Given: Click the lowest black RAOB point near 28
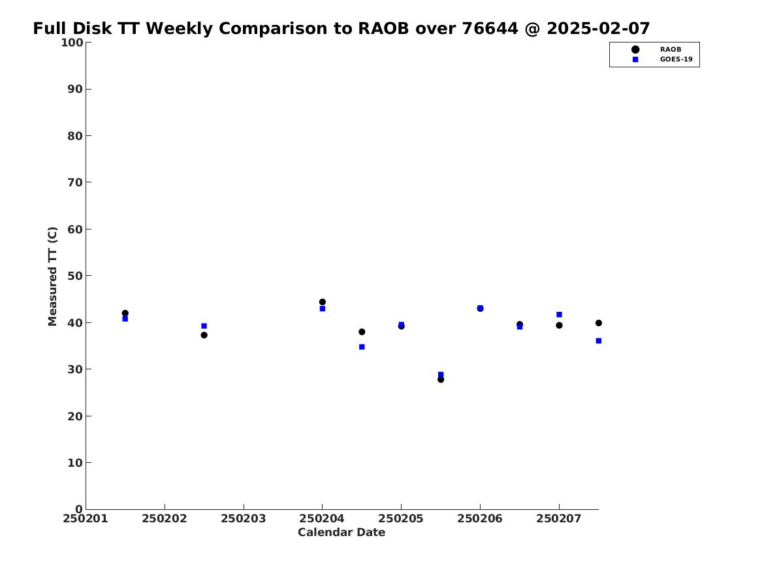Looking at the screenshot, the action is [x=441, y=379].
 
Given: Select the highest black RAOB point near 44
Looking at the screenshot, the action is [x=322, y=302].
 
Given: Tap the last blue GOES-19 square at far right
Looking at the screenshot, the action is [x=599, y=341].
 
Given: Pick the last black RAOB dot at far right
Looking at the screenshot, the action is [x=599, y=323].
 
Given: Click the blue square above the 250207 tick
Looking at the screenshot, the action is [x=560, y=314].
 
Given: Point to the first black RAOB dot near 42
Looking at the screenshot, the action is [x=125, y=313].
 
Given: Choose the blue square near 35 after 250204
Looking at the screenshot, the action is [x=362, y=347].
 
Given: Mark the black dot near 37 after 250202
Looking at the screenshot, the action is [x=204, y=335].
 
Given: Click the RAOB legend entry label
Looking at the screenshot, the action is [x=671, y=50].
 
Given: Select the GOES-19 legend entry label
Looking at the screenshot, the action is [x=676, y=59].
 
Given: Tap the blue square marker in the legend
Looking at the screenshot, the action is [x=635, y=59].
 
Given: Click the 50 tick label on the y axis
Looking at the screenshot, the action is [x=75, y=276].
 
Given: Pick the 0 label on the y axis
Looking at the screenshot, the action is [x=79, y=509].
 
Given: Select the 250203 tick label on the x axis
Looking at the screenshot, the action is [x=244, y=518].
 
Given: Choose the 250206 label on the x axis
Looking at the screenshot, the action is [x=480, y=518].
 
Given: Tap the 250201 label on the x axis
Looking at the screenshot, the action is [x=86, y=518].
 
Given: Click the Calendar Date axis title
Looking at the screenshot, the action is [x=341, y=533].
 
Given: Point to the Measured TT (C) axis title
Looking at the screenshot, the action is [x=52, y=277].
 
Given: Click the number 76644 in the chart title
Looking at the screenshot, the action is [x=490, y=29].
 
